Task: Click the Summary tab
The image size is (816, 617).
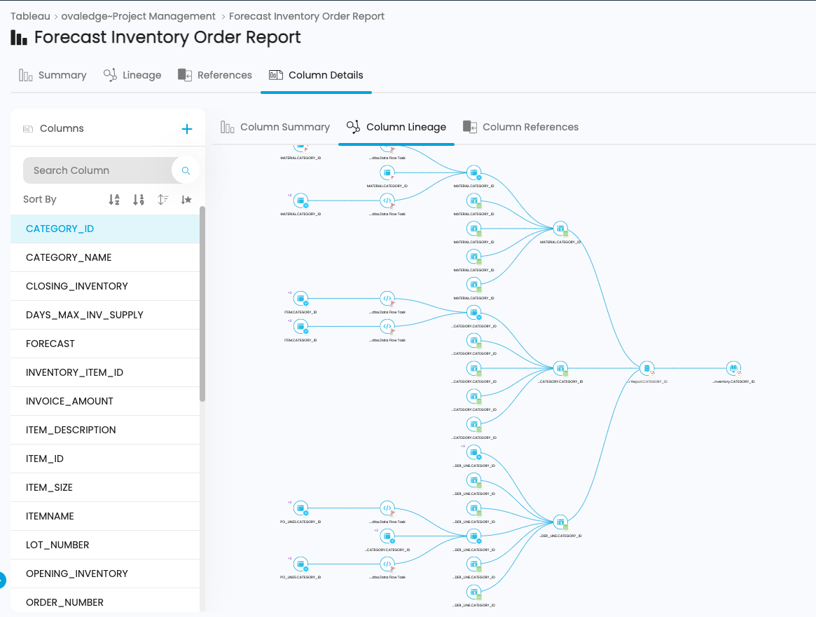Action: (x=53, y=75)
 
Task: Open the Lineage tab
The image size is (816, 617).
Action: (x=132, y=75)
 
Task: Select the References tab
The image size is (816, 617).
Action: (x=215, y=75)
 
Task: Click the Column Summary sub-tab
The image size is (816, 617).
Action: (x=275, y=127)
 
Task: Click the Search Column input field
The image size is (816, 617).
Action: (x=98, y=170)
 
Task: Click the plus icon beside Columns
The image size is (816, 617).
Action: (x=187, y=129)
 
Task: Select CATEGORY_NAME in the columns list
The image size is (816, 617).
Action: (x=69, y=257)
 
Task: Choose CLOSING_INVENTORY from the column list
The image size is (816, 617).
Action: (x=77, y=286)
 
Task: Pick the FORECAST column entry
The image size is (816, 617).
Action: (x=50, y=344)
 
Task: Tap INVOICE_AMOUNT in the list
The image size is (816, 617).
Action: (x=69, y=401)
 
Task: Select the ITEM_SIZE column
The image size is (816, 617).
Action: (x=49, y=487)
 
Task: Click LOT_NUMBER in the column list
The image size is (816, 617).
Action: (x=57, y=545)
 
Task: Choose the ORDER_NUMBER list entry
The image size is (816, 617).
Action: (x=64, y=602)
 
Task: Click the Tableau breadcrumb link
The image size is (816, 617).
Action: (x=29, y=16)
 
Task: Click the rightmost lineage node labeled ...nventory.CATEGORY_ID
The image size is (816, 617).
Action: (x=733, y=368)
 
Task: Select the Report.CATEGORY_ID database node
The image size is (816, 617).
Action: (x=647, y=368)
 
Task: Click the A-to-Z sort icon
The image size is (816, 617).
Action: (x=114, y=200)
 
